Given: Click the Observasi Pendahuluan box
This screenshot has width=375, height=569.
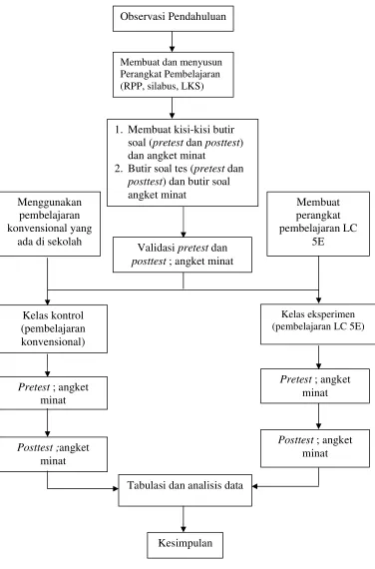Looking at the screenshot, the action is click(173, 18).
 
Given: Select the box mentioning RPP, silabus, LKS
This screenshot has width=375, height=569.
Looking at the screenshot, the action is click(173, 75).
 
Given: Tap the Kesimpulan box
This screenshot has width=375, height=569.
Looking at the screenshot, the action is click(185, 545).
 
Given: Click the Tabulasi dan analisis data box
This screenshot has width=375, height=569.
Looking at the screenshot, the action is click(185, 490).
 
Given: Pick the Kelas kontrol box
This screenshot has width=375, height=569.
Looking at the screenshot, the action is click(53, 328).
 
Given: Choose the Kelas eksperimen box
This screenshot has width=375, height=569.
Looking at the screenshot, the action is click(318, 324).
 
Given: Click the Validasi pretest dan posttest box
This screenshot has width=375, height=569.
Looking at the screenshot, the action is click(183, 255).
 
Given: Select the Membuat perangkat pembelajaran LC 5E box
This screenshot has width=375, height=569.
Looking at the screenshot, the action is click(318, 224).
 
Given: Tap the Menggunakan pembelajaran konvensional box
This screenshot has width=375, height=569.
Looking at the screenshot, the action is click(49, 224).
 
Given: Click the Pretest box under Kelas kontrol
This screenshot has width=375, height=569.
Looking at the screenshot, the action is click(53, 393).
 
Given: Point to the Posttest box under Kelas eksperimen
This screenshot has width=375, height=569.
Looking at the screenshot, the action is click(315, 448).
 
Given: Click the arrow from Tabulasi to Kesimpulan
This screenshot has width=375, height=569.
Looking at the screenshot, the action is click(184, 519).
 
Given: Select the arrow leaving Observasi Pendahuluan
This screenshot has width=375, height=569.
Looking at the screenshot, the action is click(172, 42).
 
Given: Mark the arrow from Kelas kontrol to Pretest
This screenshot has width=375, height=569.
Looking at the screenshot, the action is click(48, 364).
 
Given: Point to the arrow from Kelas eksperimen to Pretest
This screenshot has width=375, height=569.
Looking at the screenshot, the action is click(318, 356).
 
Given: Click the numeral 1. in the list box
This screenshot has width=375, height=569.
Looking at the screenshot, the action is click(119, 130).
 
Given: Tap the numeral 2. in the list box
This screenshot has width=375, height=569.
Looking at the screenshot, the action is click(119, 169).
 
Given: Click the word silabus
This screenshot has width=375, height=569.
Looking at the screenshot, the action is click(162, 86).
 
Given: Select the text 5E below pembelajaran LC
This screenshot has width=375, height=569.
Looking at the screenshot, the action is click(318, 242).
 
